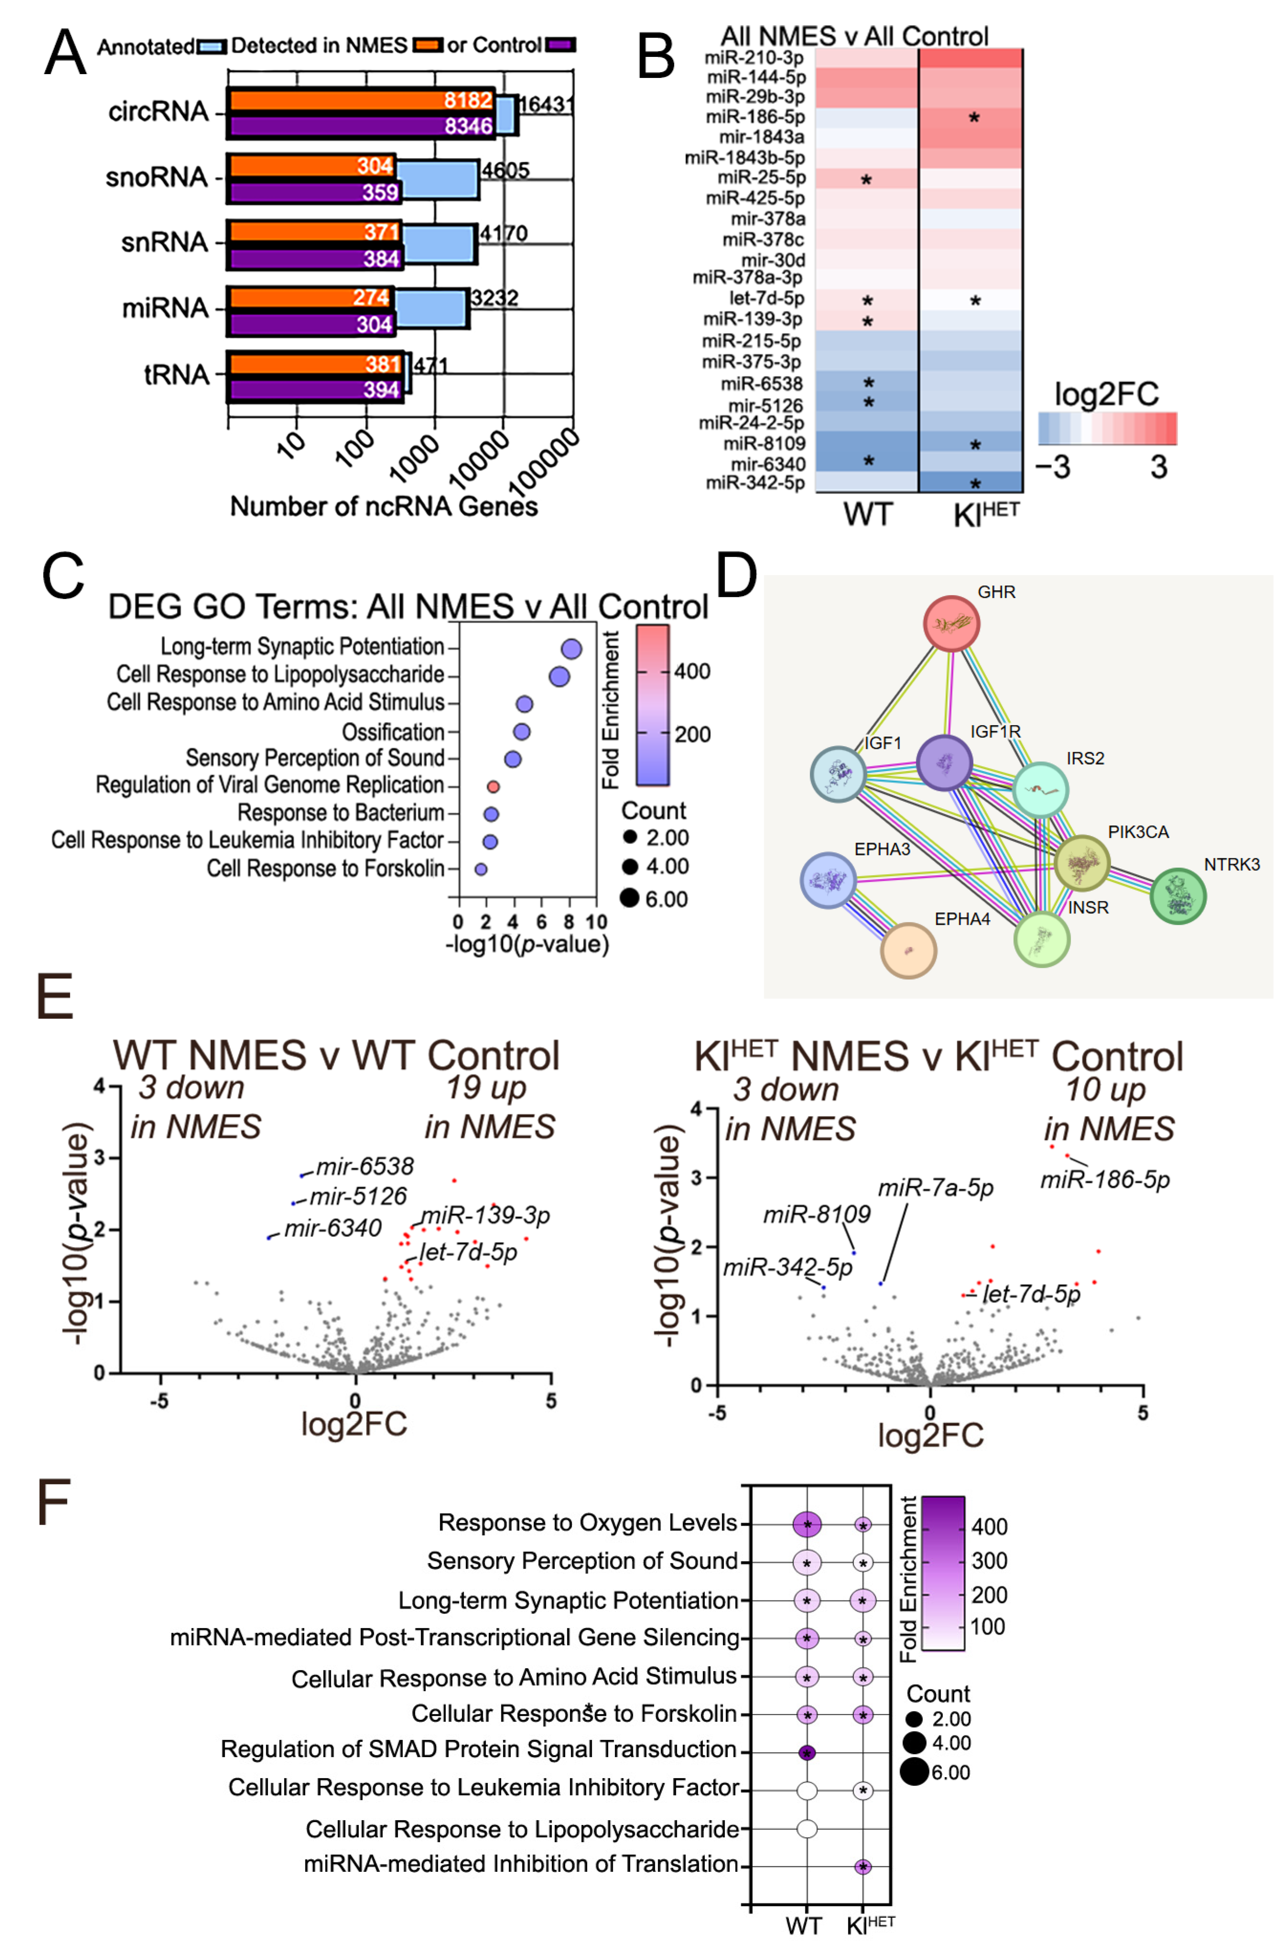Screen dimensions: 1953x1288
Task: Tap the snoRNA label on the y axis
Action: coord(156,176)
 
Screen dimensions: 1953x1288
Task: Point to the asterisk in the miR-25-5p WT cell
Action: coord(866,180)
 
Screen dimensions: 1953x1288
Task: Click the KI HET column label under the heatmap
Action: coord(985,514)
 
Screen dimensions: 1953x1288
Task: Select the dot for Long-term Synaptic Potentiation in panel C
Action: coord(571,649)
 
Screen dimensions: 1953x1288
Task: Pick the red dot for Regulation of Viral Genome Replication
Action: coord(493,786)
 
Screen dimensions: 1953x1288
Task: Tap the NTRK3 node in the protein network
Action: coord(1178,896)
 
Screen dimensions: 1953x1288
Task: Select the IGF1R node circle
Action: coord(944,762)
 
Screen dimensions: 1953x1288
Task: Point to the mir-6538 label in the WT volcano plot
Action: coord(365,1166)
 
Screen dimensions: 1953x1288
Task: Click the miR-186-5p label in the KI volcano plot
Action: coord(1105,1180)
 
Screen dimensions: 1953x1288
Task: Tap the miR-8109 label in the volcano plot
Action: coord(816,1214)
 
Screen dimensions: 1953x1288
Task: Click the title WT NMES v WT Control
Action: coord(336,1055)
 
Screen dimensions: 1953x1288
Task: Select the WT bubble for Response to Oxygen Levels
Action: coord(807,1524)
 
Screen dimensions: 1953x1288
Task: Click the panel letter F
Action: coord(54,1502)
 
